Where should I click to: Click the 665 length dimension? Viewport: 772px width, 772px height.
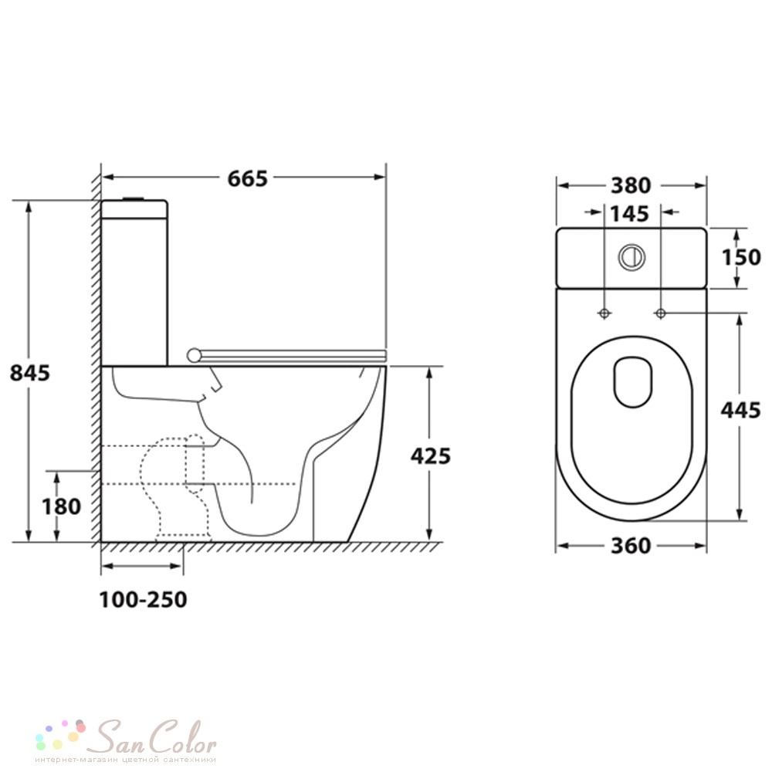[x=247, y=178]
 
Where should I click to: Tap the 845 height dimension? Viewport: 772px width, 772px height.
[x=30, y=373]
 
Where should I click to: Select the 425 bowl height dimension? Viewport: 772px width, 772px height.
[x=431, y=456]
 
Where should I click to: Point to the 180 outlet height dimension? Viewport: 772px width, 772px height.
[x=62, y=506]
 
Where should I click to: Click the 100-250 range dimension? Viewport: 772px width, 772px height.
[x=144, y=600]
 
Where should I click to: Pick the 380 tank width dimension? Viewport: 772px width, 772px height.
[x=631, y=185]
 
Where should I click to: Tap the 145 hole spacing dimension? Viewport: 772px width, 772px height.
[x=630, y=214]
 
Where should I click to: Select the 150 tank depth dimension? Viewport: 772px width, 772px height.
[x=741, y=257]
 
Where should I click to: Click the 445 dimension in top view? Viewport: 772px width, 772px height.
[x=740, y=410]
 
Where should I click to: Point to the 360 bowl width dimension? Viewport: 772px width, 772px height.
[x=631, y=546]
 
